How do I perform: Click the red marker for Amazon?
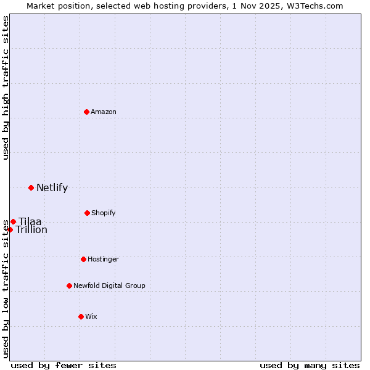point(86,112)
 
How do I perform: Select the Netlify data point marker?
point(31,187)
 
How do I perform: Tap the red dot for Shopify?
point(87,213)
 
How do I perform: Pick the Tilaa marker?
point(13,221)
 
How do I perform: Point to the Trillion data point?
point(10,229)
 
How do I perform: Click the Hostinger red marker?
point(83,259)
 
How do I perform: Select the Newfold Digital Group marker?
point(69,286)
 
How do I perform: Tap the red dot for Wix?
point(81,316)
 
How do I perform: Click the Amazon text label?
point(104,112)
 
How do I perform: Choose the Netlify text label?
point(52,188)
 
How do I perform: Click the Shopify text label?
point(104,213)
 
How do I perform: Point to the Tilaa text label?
point(30,222)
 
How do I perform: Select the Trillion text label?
point(31,230)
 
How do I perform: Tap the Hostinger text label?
point(103,259)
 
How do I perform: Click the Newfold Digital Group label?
point(109,286)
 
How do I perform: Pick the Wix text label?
point(91,316)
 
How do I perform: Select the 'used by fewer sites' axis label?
point(64,365)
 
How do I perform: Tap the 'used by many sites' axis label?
point(310,365)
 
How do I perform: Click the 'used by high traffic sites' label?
point(6,88)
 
